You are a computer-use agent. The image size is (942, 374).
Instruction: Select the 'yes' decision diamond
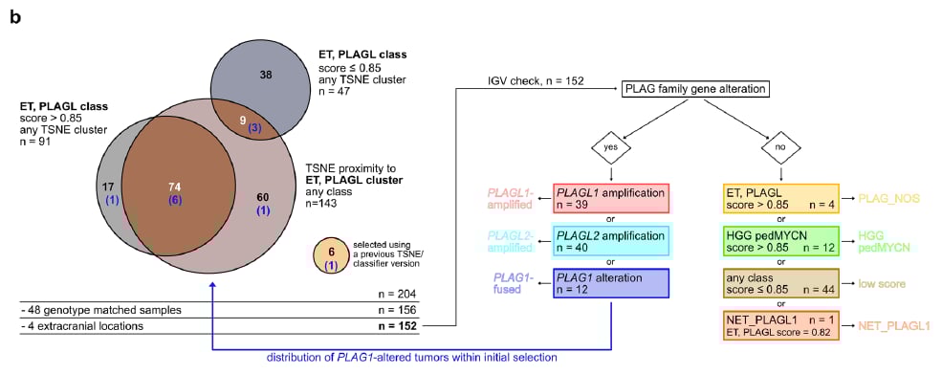[610, 149]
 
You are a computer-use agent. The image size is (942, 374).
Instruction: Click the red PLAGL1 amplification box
[610, 200]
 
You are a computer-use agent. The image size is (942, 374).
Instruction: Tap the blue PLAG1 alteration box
[610, 284]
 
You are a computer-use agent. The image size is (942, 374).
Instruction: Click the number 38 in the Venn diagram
[267, 73]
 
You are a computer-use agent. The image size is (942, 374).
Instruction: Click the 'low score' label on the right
[882, 284]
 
